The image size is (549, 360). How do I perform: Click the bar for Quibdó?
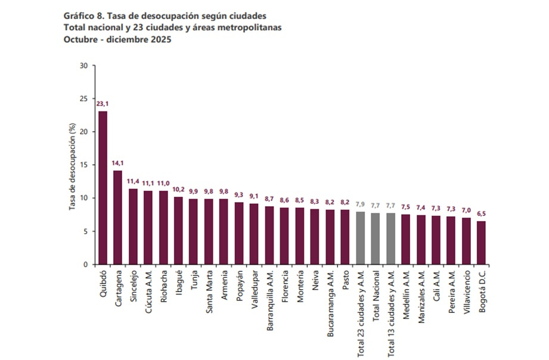tap(103, 188)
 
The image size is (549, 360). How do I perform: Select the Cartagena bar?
tap(118, 218)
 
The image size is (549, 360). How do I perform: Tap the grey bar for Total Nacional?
tap(376, 238)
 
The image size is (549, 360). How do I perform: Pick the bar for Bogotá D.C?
tap(482, 243)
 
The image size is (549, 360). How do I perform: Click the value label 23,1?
tap(103, 104)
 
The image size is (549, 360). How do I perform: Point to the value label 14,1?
tap(118, 163)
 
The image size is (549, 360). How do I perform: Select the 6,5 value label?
tap(482, 213)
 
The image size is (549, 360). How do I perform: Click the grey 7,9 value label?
tap(361, 204)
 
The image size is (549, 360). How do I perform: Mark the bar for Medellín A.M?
tap(406, 239)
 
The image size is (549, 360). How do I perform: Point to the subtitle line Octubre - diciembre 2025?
tap(117, 40)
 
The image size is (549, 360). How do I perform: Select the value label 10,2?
tap(179, 189)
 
